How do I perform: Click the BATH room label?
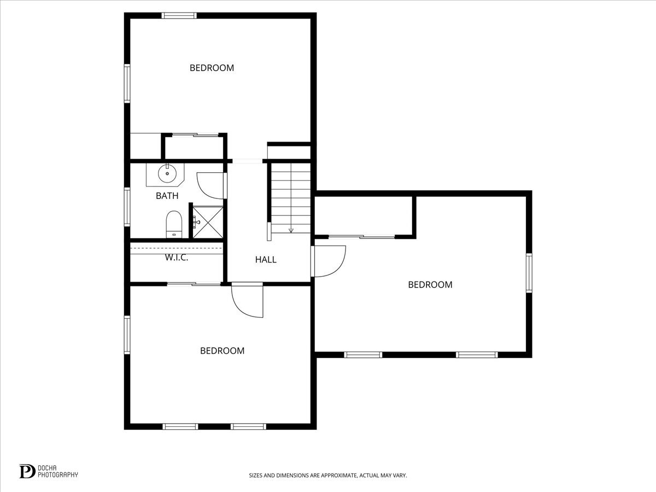click(x=167, y=196)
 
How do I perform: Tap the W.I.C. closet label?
click(x=177, y=257)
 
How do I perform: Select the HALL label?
click(x=266, y=260)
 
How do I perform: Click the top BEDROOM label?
click(x=212, y=68)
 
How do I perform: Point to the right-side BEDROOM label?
click(x=430, y=285)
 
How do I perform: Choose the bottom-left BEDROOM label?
click(x=222, y=351)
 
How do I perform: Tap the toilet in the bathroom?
click(x=174, y=225)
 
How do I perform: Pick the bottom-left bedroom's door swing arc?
click(x=247, y=301)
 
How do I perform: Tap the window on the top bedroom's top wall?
click(x=179, y=15)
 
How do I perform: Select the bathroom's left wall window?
click(x=127, y=207)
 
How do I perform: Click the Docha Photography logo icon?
click(x=27, y=471)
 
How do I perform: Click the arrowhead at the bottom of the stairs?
click(x=291, y=231)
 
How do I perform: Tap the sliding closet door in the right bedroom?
click(x=361, y=237)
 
